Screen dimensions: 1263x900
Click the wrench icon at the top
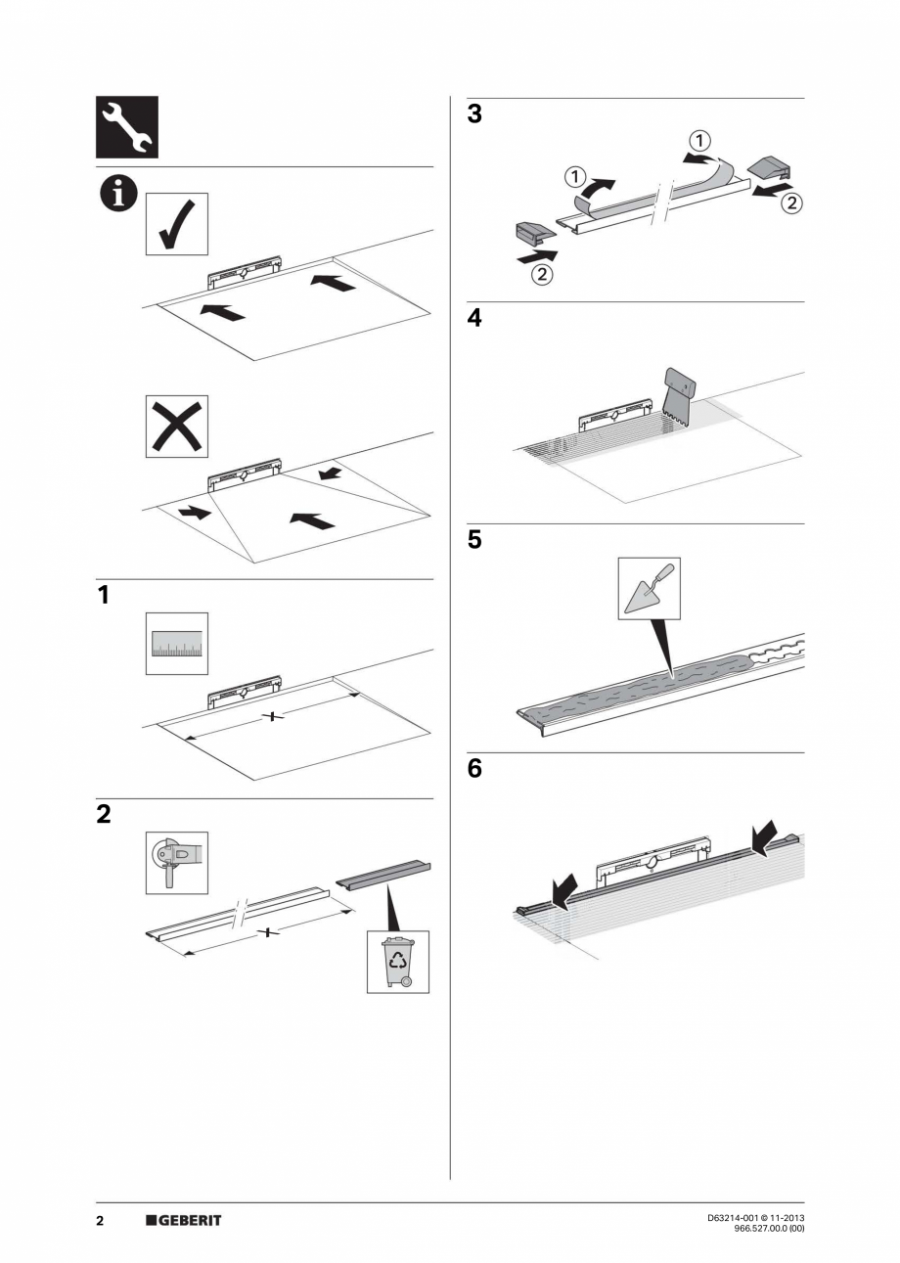pyautogui.click(x=127, y=127)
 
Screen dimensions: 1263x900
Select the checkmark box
pyautogui.click(x=177, y=224)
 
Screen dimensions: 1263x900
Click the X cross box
pyautogui.click(x=177, y=426)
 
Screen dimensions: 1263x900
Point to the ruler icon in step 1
pyautogui.click(x=177, y=644)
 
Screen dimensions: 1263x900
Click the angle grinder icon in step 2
pyautogui.click(x=177, y=862)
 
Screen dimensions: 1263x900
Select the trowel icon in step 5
pyautogui.click(x=649, y=588)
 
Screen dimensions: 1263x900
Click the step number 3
pyautogui.click(x=474, y=114)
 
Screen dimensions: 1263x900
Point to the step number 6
pyautogui.click(x=474, y=769)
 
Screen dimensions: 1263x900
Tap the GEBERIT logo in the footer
pyautogui.click(x=184, y=1220)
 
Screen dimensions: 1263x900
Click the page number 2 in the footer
pyautogui.click(x=100, y=1220)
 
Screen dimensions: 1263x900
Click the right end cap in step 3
pyautogui.click(x=775, y=165)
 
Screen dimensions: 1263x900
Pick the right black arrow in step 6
pyautogui.click(x=762, y=837)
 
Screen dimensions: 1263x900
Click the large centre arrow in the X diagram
pyautogui.click(x=312, y=519)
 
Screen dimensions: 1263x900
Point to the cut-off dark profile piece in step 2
pyautogui.click(x=383, y=873)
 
